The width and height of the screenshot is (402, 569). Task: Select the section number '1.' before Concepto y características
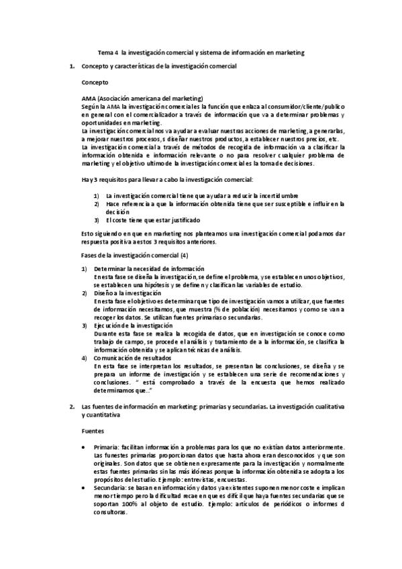click(73, 67)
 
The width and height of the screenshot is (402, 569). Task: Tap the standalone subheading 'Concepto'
click(94, 82)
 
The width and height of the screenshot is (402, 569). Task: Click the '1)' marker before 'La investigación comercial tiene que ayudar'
click(97, 196)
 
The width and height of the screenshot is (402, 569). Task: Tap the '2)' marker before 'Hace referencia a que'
click(97, 203)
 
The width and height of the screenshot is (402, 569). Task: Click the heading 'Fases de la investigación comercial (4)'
click(134, 256)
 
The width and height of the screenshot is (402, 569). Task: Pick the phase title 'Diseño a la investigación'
click(128, 293)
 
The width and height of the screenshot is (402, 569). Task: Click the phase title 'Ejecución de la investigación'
click(134, 325)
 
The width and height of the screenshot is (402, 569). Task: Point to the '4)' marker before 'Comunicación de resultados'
click(84, 358)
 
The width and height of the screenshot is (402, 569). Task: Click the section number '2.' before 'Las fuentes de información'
click(73, 407)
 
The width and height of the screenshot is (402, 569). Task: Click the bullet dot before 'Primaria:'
click(83, 447)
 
